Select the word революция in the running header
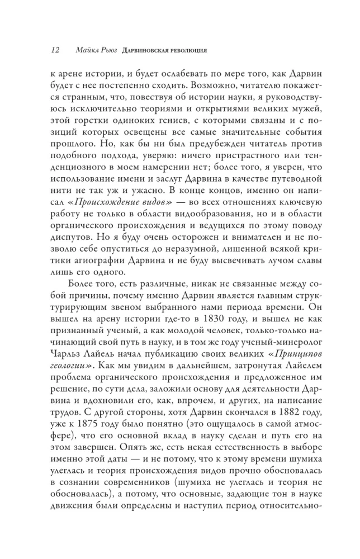(187, 51)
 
